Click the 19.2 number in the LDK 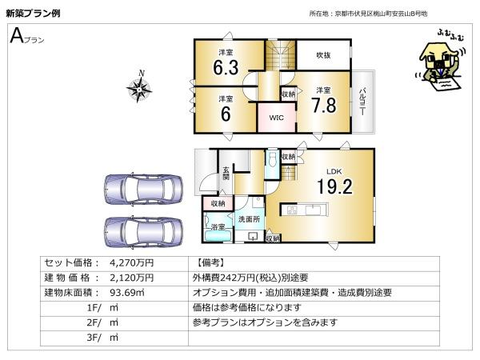pyautogui.click(x=334, y=186)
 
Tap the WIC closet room pyautogui.click(x=277, y=118)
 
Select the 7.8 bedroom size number pyautogui.click(x=324, y=106)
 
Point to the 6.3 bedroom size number pyautogui.click(x=226, y=68)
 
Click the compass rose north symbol pyautogui.click(x=139, y=87)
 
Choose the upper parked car pyautogui.click(x=143, y=190)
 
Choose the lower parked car pyautogui.click(x=143, y=232)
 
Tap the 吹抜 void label pyautogui.click(x=323, y=55)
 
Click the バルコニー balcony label pyautogui.click(x=362, y=102)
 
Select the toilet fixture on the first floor pyautogui.click(x=272, y=159)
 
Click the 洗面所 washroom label pyautogui.click(x=249, y=219)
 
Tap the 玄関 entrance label pyautogui.click(x=226, y=174)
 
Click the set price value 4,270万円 pyautogui.click(x=132, y=263)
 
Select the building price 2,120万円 pyautogui.click(x=132, y=278)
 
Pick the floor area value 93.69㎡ pyautogui.click(x=126, y=293)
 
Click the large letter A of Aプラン pyautogui.click(x=17, y=36)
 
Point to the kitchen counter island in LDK pyautogui.click(x=305, y=210)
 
